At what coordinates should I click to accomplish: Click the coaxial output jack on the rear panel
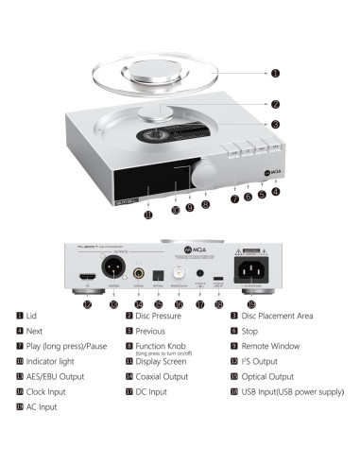tap(139, 273)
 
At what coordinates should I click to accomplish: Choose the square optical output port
tap(158, 275)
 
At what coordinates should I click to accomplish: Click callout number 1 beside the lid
tap(275, 73)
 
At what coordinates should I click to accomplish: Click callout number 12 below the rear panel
tap(87, 304)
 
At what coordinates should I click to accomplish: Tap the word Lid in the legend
tap(32, 317)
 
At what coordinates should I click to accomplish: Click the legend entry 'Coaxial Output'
tap(163, 375)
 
